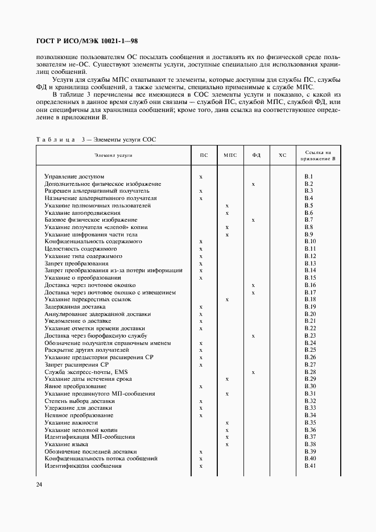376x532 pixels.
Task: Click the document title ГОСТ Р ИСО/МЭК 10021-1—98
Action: tap(80, 41)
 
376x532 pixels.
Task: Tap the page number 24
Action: tap(39, 484)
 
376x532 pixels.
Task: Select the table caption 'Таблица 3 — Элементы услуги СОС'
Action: tap(96, 139)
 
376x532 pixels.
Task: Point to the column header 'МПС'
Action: tap(230, 155)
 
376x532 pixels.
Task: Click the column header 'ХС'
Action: tap(282, 155)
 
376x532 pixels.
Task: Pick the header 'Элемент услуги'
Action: tap(113, 155)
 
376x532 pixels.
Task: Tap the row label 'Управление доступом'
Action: tap(75, 177)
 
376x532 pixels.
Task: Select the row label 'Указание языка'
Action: tap(65, 444)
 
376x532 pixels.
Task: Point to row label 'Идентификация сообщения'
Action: tap(83, 466)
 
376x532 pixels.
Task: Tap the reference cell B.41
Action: tap(310, 466)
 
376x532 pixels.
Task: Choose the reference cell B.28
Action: tap(310, 372)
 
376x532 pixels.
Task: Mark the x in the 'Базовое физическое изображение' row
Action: tap(253, 220)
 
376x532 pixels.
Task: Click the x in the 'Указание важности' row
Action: tap(227, 422)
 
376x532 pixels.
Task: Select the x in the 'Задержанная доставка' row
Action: tap(201, 307)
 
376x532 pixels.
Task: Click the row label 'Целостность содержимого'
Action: tap(81, 249)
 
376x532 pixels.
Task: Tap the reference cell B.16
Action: tap(310, 285)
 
